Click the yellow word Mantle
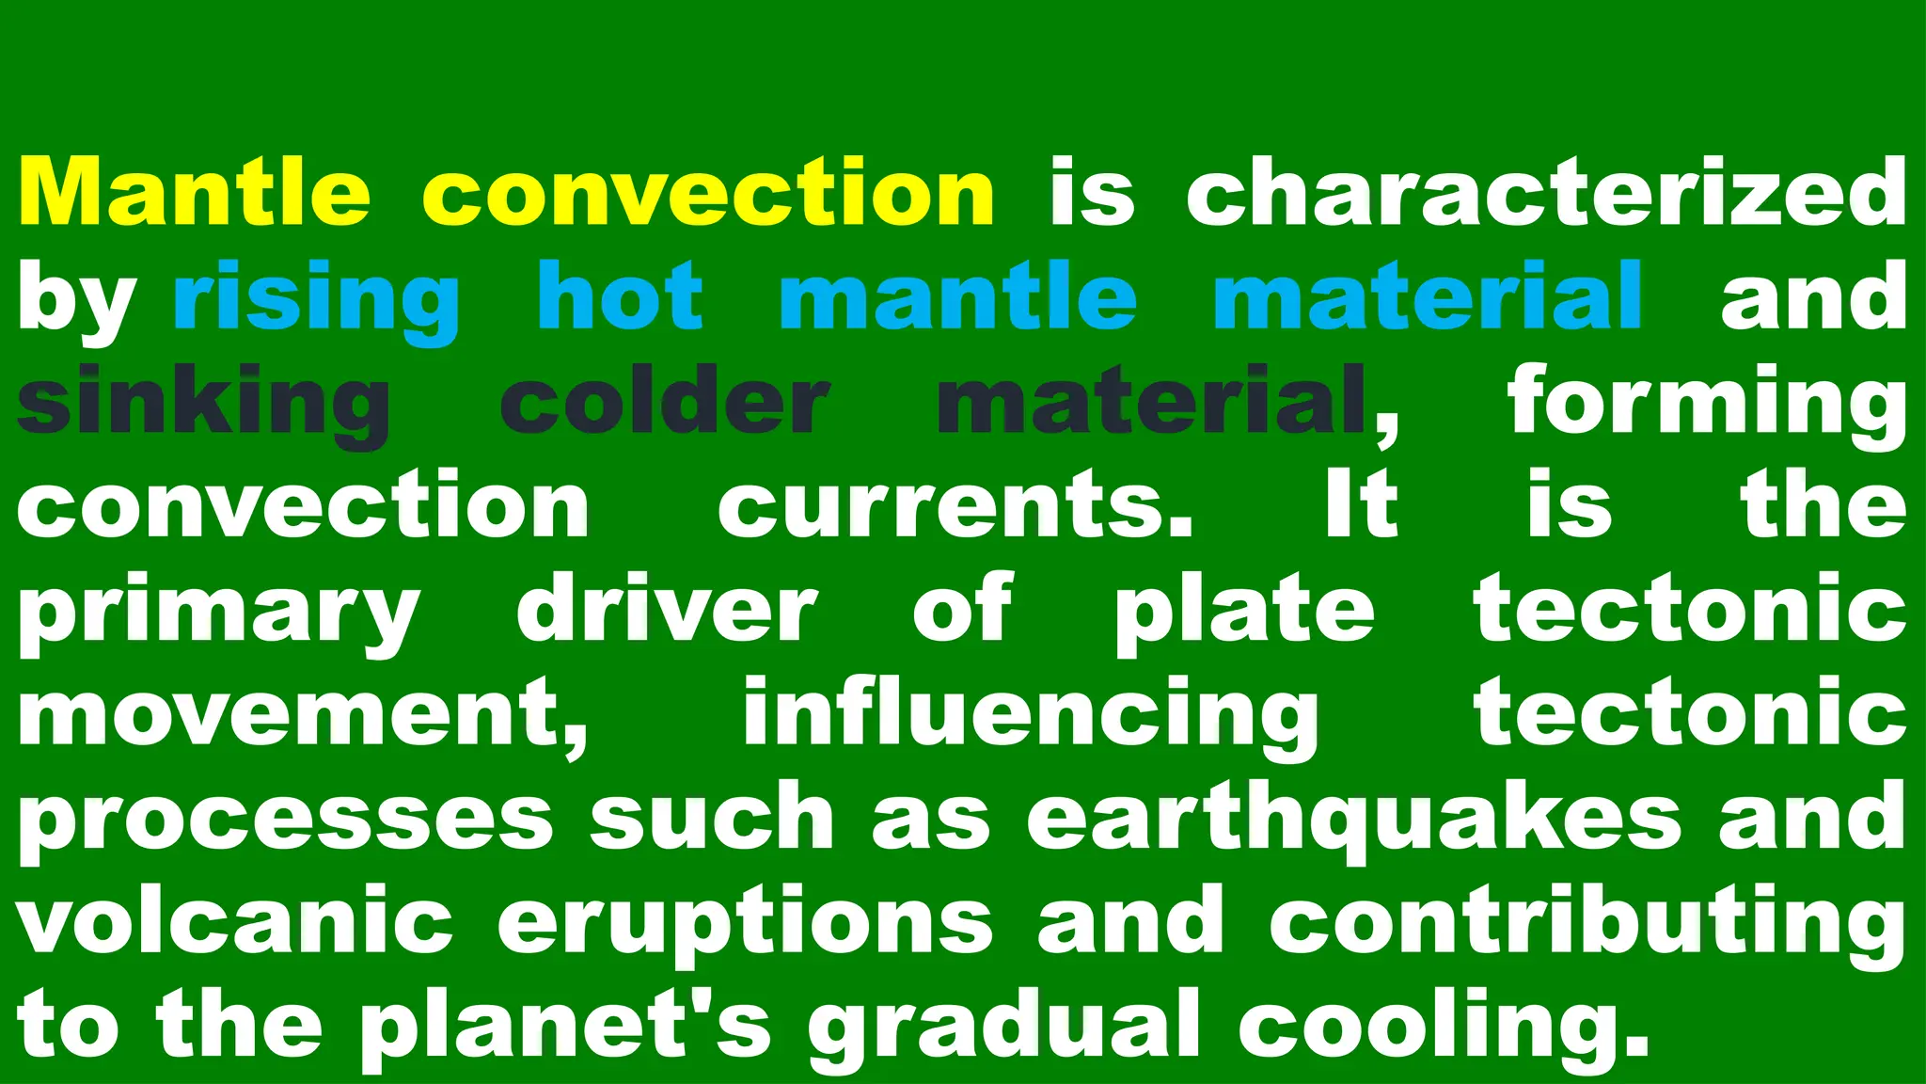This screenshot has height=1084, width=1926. [194, 192]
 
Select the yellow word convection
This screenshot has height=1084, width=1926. [708, 192]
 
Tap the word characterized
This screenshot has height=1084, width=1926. [1546, 192]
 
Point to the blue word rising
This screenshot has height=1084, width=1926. [316, 299]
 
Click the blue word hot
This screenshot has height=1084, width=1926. [620, 295]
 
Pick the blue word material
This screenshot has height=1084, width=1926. [1428, 295]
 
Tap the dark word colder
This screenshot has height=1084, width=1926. [664, 402]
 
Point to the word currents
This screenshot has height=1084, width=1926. [955, 506]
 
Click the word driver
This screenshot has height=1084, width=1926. [666, 610]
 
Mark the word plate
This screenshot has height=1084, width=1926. [1244, 612]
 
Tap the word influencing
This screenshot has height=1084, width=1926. [1031, 715]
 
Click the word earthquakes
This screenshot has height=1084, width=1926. [1353, 819]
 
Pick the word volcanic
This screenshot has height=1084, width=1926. [234, 920]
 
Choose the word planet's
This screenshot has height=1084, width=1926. [565, 1028]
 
